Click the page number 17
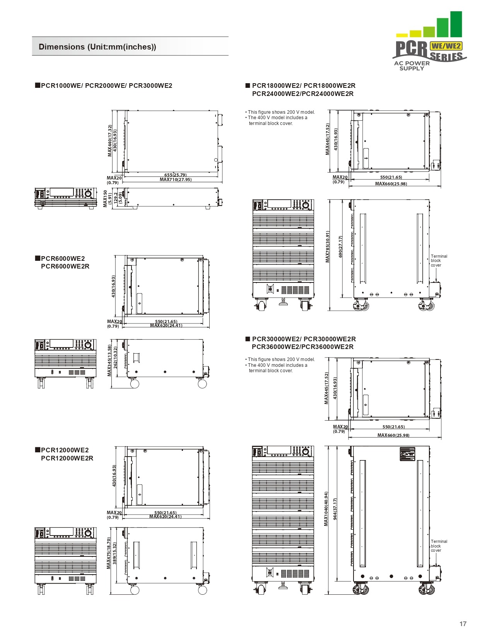click(x=463, y=623)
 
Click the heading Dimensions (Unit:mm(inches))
click(x=97, y=47)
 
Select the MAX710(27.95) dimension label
click(x=176, y=180)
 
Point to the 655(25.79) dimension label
click(x=175, y=175)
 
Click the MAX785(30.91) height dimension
click(x=328, y=247)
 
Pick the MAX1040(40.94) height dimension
click(x=326, y=509)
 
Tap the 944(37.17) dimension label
click(x=335, y=509)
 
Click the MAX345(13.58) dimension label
click(x=109, y=361)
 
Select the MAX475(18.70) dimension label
click(x=109, y=553)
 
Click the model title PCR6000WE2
click(x=63, y=258)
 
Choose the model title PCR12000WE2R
click(x=67, y=458)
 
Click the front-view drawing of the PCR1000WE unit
click(x=65, y=199)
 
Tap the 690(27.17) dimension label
click(x=340, y=247)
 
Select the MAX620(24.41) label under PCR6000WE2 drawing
click(x=166, y=325)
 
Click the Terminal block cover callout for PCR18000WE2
click(x=439, y=261)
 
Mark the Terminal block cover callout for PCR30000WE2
click(x=439, y=546)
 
